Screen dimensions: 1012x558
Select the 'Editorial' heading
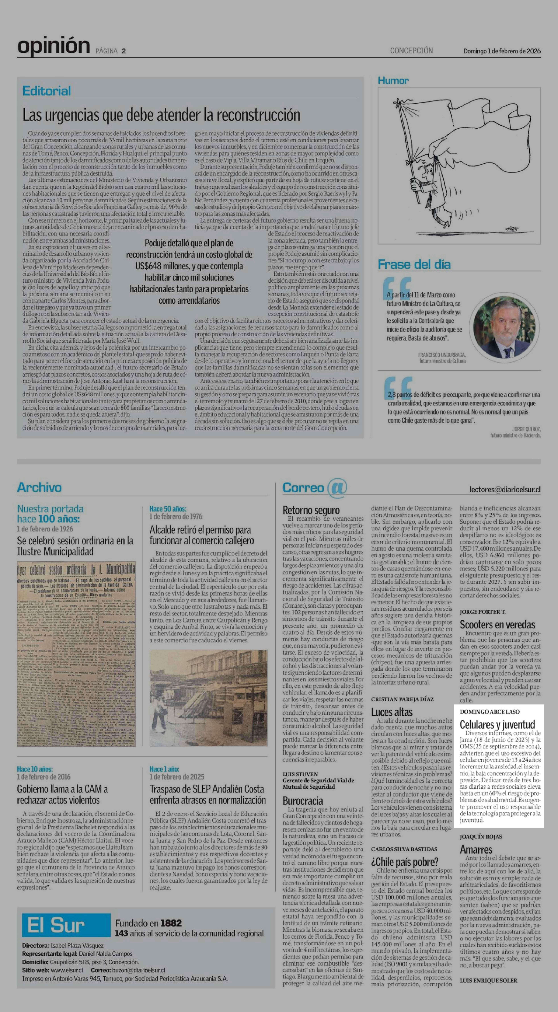pos(47,91)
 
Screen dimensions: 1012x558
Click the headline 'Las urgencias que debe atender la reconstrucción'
pos(161,115)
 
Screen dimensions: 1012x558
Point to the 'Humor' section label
pos(393,81)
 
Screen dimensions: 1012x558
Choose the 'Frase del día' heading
pos(414,264)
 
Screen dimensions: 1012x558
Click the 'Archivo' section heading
pos(39,487)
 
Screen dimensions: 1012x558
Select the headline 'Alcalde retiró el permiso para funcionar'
pos(201,535)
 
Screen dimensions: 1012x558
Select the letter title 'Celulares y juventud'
pos(497,724)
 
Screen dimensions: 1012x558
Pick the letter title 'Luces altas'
pos(391,712)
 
